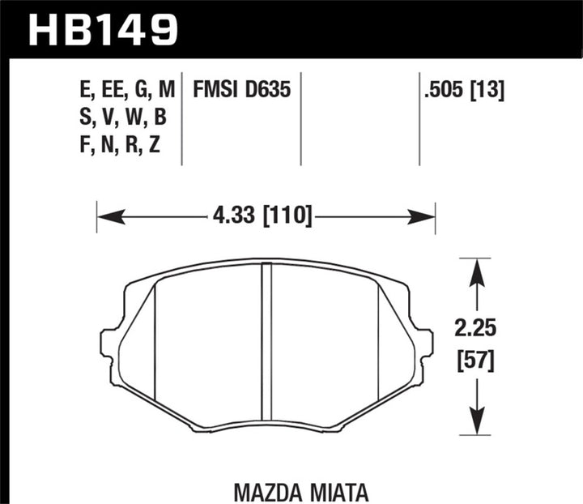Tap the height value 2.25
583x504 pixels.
coord(474,330)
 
